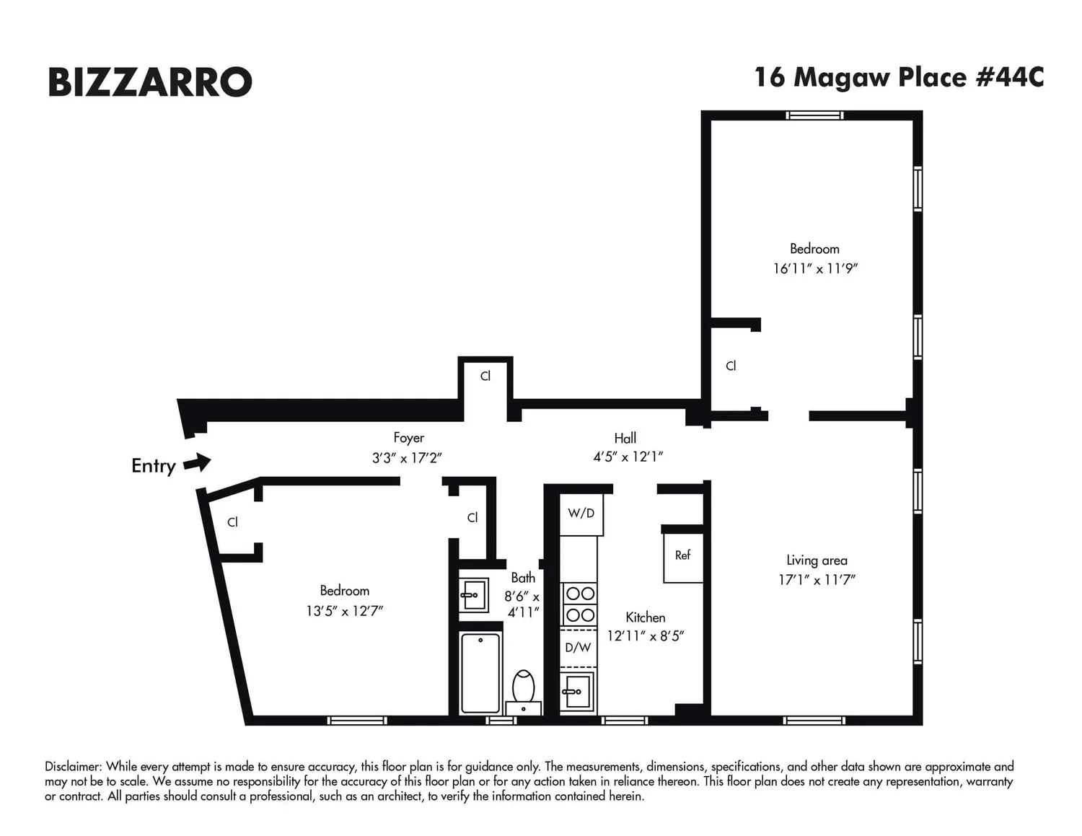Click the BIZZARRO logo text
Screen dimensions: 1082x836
coord(150,82)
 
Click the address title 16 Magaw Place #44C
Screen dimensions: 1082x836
coord(899,78)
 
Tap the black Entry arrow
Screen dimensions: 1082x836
coord(197,462)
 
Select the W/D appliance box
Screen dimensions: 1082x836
coord(581,514)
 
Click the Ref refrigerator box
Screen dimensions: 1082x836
coord(683,558)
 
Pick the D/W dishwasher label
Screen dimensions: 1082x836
coord(578,647)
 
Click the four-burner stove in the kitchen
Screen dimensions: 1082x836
coord(580,604)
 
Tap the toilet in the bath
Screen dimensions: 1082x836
coord(523,693)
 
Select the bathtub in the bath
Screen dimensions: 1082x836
coord(480,673)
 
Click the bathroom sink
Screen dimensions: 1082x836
coord(473,594)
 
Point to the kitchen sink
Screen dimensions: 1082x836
coord(578,691)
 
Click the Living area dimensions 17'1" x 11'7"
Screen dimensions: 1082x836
coord(817,580)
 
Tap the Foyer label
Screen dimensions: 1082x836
coord(409,438)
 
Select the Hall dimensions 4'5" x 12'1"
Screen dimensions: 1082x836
coord(628,457)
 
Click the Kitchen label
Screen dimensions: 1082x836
coord(646,617)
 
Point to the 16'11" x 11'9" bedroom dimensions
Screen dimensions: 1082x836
coord(816,269)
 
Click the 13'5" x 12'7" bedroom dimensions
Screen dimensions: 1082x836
coord(345,611)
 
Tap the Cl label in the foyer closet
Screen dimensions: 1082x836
coord(485,376)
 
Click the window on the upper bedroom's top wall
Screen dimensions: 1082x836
coord(814,115)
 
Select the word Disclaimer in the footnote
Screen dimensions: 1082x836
coord(73,766)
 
